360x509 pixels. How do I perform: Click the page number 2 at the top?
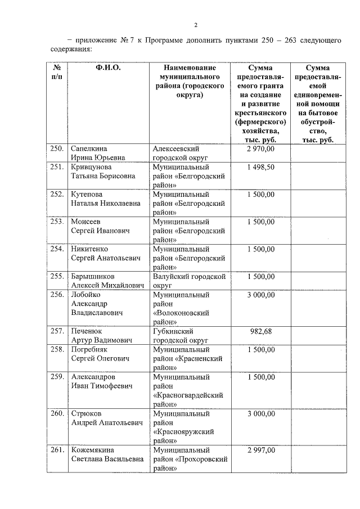tap(196, 25)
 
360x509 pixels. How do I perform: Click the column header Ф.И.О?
tap(109, 67)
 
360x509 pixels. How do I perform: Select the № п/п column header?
tap(56, 72)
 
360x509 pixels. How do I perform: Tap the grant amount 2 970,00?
tap(261, 148)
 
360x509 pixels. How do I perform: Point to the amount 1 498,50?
tap(261, 167)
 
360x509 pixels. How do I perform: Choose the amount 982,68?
tap(261, 331)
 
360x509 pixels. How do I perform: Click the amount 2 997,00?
tap(261, 450)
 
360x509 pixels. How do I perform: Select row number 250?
tap(56, 148)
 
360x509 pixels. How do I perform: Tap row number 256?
tap(56, 295)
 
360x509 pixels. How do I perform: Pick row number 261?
tap(56, 450)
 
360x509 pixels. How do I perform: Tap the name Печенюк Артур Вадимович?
tap(101, 336)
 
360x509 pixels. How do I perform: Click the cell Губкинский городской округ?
tap(181, 336)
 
